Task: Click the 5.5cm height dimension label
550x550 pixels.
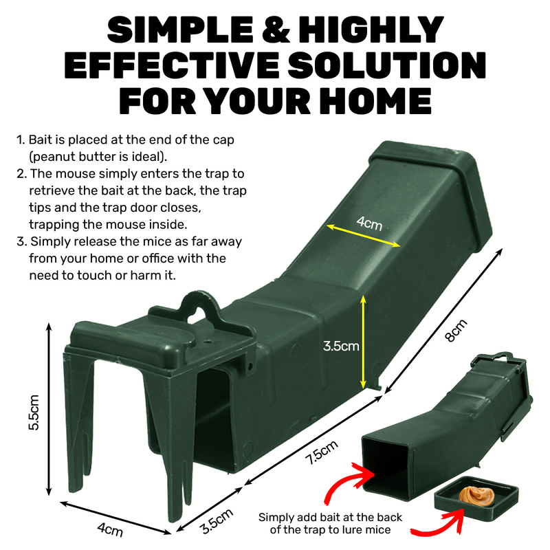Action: coord(34,412)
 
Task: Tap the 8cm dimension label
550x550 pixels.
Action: coord(456,331)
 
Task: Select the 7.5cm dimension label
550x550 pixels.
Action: coord(322,452)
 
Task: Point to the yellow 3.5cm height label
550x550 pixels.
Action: coord(341,346)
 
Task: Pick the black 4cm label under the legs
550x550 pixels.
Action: coord(110,529)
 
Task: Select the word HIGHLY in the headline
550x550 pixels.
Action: coord(371,30)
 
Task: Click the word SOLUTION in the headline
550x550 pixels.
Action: coord(386,65)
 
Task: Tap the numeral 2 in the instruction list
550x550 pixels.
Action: coord(21,174)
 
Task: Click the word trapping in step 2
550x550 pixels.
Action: coord(54,225)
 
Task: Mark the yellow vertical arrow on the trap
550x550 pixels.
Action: coord(363,342)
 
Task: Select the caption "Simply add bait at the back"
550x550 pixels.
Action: coord(330,518)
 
